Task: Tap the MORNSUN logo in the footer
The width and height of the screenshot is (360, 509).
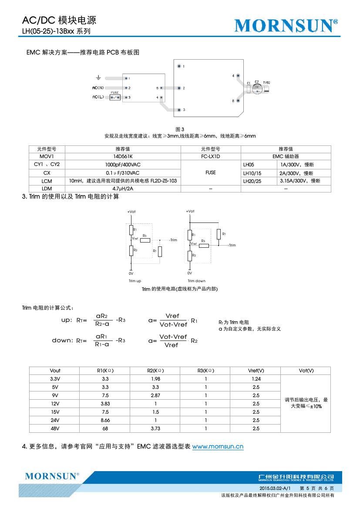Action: pyautogui.click(x=52, y=476)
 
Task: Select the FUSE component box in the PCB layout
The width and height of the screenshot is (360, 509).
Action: pyautogui.click(x=115, y=97)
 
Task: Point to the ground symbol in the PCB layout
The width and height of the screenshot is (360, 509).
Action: pyautogui.click(x=98, y=78)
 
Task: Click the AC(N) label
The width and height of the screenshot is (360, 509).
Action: pyautogui.click(x=98, y=88)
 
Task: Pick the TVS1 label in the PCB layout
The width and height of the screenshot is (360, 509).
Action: pyautogui.click(x=266, y=82)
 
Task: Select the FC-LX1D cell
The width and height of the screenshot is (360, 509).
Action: pyautogui.click(x=210, y=156)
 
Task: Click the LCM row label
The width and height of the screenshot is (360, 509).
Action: pyautogui.click(x=47, y=181)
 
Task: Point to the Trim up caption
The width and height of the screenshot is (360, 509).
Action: pyautogui.click(x=135, y=281)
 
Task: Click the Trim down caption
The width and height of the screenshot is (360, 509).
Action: pyautogui.click(x=196, y=281)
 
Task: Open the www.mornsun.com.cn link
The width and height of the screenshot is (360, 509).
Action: pyautogui.click(x=218, y=446)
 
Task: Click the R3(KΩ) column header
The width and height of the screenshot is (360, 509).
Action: pyautogui.click(x=205, y=371)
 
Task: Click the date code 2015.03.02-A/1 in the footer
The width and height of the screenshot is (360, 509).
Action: pyautogui.click(x=275, y=489)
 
